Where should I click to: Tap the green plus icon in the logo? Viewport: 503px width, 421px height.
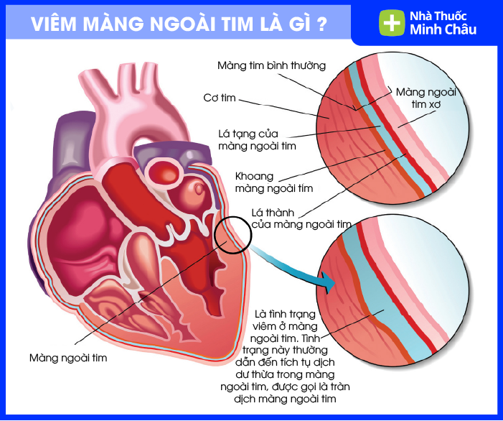tap(392, 22)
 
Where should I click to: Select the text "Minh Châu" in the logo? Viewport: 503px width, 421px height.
tap(443, 29)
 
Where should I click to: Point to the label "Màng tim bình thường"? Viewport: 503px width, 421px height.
tap(272, 65)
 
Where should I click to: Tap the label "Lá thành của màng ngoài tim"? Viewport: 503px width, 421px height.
tap(301, 218)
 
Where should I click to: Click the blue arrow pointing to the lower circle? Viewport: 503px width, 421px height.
tap(301, 268)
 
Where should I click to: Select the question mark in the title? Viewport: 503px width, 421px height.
tap(321, 23)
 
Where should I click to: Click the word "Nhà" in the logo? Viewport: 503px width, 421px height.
tap(422, 16)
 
